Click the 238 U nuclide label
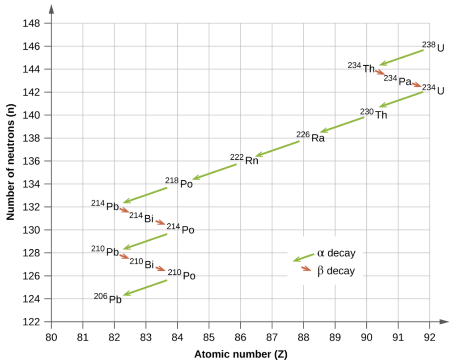tap(433, 47)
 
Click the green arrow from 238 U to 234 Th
tap(401, 58)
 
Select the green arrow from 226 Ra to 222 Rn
tap(277, 149)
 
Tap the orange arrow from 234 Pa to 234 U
tap(416, 84)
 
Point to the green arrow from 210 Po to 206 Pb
tap(145, 287)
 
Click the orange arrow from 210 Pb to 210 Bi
tap(124, 256)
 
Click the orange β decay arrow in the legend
tap(306, 268)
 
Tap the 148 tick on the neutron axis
tap(33, 23)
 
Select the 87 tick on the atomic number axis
tap(272, 334)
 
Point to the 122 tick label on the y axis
tap(33, 322)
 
